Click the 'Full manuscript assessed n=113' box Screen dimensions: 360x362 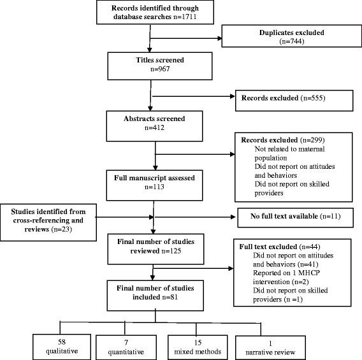pyautogui.click(x=150, y=182)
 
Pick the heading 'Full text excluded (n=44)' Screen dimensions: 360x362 pyautogui.click(x=277, y=246)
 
